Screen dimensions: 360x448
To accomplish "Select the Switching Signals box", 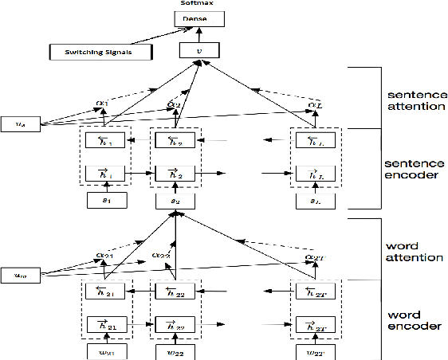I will (90, 53).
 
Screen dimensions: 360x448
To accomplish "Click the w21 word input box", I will (105, 350).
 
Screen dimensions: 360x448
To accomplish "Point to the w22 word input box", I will (175, 350).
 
